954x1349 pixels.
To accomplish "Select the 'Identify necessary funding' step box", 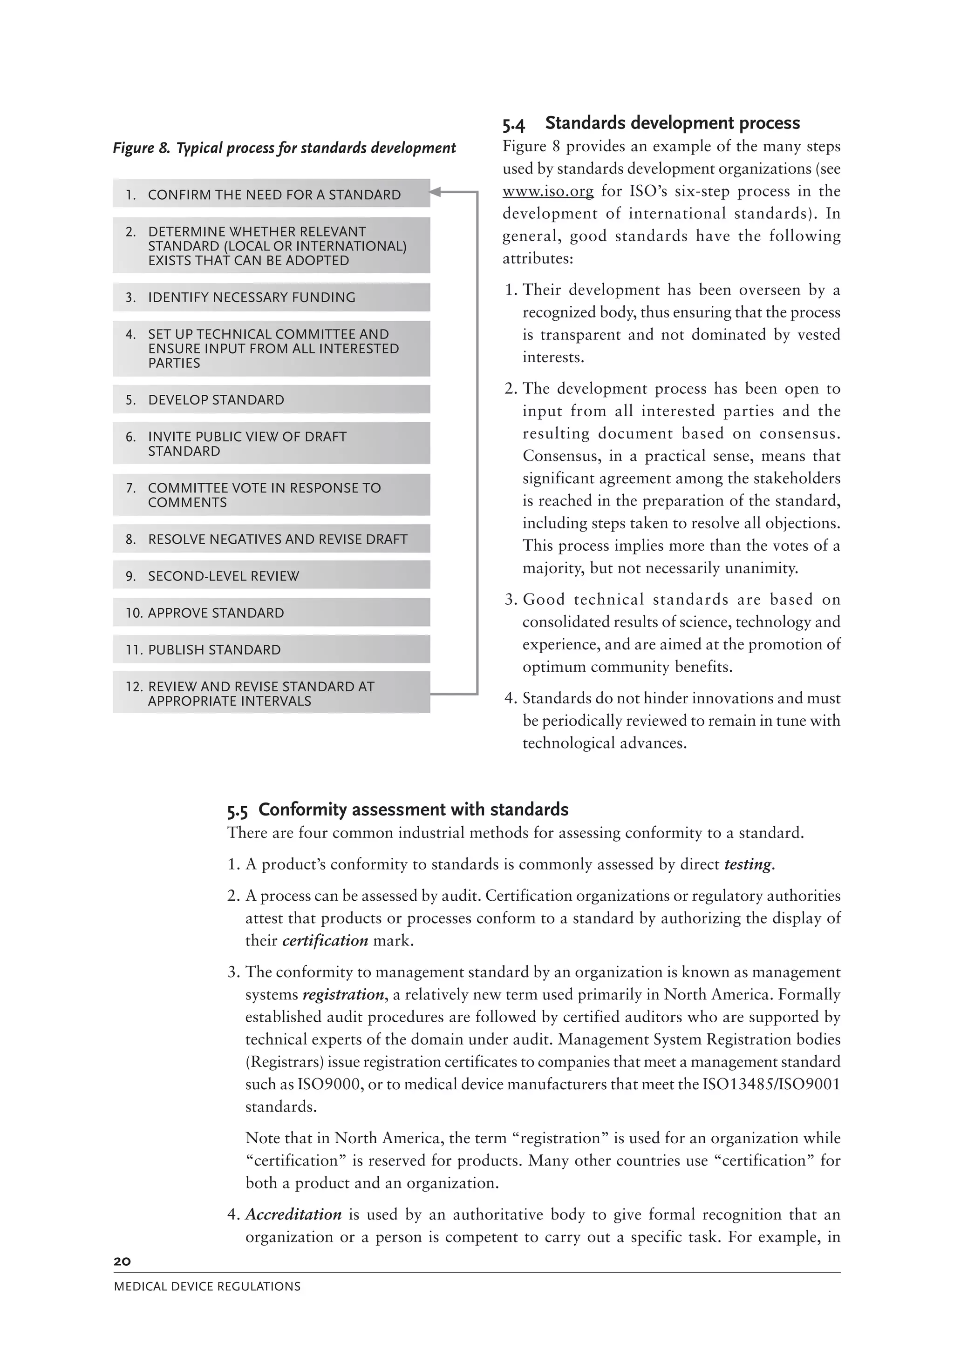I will (x=271, y=297).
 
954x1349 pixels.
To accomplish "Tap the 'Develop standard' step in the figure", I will (x=271, y=399).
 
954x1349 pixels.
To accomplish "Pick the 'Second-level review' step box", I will (x=271, y=576).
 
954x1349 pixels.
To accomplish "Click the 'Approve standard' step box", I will (x=271, y=613).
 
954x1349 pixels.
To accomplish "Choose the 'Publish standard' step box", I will (x=271, y=649).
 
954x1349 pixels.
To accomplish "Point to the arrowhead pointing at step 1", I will (x=436, y=191).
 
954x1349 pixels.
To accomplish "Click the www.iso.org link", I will (x=548, y=191).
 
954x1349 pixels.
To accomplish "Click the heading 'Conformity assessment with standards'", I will (x=413, y=809).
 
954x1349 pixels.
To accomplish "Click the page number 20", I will (x=122, y=1261).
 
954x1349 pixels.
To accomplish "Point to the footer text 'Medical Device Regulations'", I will (x=207, y=1287).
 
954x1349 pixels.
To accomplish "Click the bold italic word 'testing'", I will (x=748, y=864).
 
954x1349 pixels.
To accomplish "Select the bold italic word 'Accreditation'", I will (x=293, y=1214).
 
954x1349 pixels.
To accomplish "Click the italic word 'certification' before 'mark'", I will (x=325, y=941).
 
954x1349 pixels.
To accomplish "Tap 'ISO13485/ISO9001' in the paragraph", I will (x=771, y=1084).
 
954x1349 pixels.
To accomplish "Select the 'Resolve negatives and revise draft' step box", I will (x=271, y=539).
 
